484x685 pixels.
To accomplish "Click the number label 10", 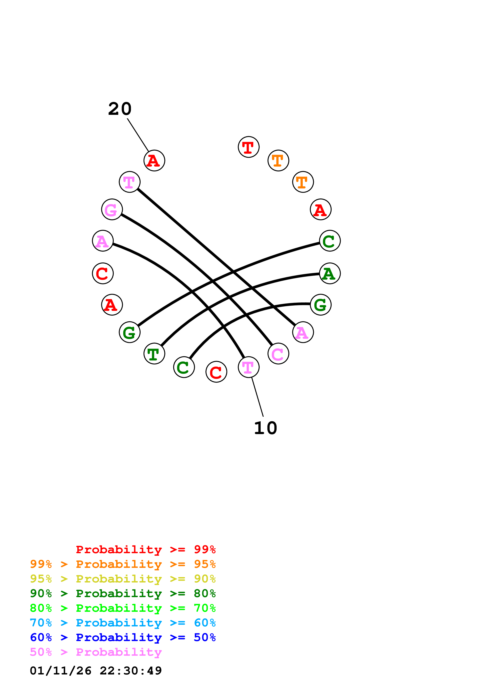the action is (265, 428).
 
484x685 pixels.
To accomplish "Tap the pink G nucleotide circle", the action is (112, 210).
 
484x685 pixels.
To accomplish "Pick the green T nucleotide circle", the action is (154, 354).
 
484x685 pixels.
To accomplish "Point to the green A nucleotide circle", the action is (330, 273).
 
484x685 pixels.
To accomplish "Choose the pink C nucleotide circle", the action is (278, 354).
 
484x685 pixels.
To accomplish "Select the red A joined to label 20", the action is (154, 161).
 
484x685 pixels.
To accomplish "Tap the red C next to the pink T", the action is (216, 372).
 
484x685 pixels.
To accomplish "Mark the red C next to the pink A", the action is (103, 273).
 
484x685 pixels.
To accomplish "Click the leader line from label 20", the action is (138, 135).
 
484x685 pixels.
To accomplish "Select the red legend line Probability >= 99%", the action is (145, 549).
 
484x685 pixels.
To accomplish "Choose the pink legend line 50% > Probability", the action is (96, 652).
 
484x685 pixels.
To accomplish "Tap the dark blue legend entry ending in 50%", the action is (123, 638).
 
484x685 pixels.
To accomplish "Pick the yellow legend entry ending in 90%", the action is (123, 579).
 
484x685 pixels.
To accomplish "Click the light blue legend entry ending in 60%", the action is (123, 623).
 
